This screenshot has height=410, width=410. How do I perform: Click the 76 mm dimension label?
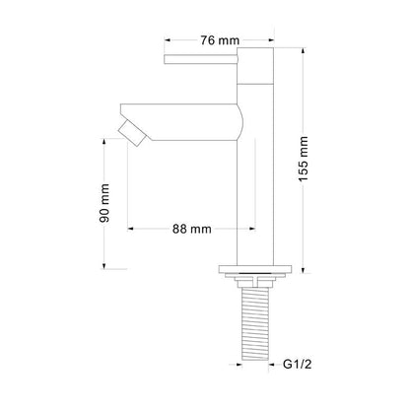click(x=220, y=40)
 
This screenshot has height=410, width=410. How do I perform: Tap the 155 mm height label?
click(x=304, y=159)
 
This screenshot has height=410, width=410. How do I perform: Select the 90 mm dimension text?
click(x=104, y=203)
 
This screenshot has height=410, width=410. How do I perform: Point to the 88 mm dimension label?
click(x=192, y=229)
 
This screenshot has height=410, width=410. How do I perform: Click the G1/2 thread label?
click(x=297, y=365)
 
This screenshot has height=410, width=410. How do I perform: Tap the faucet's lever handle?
click(x=201, y=59)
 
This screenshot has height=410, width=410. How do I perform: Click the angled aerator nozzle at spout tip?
click(x=132, y=133)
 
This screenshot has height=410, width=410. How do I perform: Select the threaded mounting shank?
click(x=255, y=323)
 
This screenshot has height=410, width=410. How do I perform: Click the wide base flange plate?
click(x=255, y=269)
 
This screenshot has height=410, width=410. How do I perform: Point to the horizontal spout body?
click(x=181, y=122)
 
